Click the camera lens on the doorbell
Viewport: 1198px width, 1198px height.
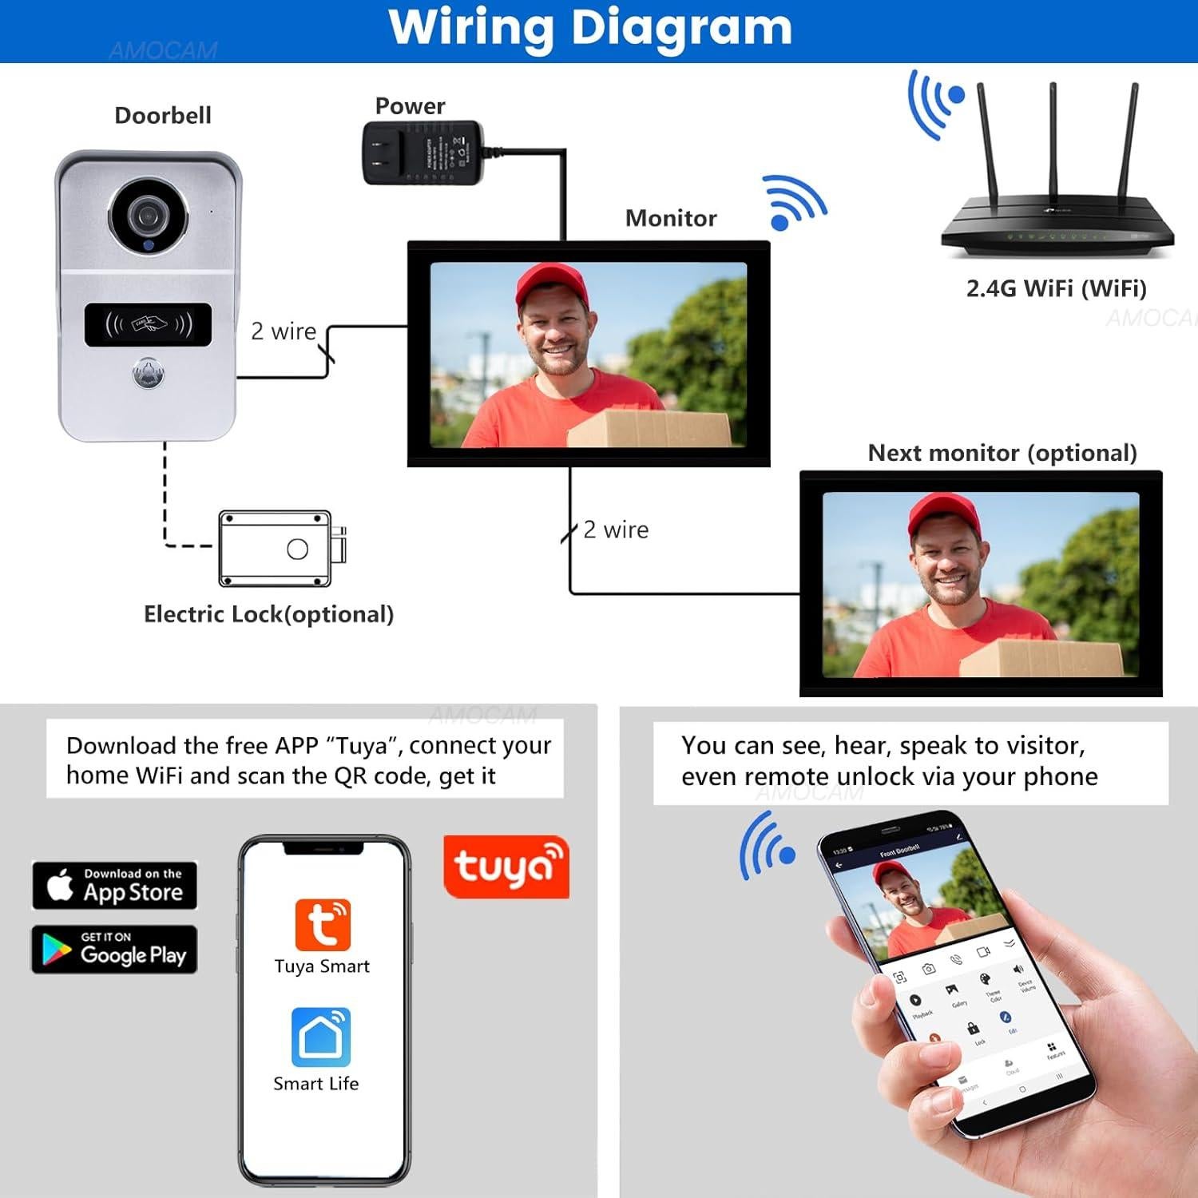[x=148, y=216]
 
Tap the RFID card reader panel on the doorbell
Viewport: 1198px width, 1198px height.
[x=149, y=324]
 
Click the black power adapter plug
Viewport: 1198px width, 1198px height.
[x=422, y=153]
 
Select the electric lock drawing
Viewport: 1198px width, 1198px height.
[x=280, y=549]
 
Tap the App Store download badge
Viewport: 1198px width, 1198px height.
[x=115, y=885]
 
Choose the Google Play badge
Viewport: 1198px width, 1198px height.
[x=115, y=949]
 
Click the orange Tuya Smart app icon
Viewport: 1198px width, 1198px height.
[x=323, y=924]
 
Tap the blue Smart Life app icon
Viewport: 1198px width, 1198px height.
[x=321, y=1037]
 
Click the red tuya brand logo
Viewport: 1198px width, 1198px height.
[x=506, y=867]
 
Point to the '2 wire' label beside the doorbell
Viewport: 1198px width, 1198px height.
[x=284, y=331]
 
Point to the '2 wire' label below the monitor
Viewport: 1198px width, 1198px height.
[x=616, y=530]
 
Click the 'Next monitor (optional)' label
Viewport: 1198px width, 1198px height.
[x=1002, y=453]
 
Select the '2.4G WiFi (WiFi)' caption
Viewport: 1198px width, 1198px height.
[x=1056, y=288]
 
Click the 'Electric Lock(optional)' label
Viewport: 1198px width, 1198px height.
[x=268, y=614]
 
